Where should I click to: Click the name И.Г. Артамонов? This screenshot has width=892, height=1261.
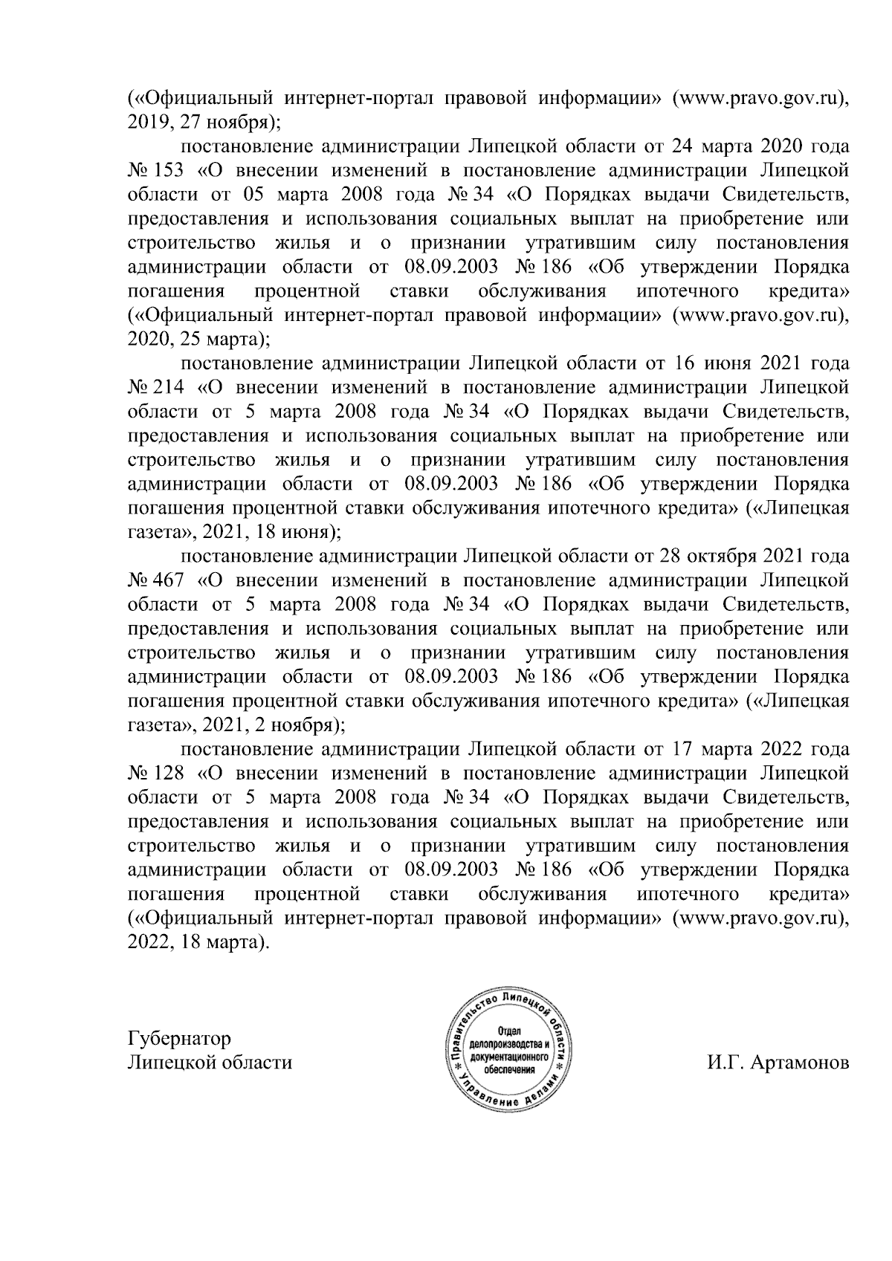[778, 1063]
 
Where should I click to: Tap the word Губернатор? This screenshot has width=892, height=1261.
[179, 1038]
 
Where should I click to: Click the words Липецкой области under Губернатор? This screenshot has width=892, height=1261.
[210, 1063]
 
